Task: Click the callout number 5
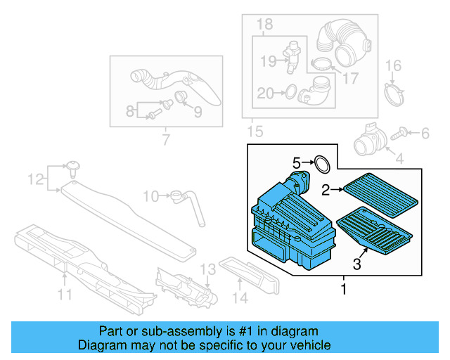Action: (297, 163)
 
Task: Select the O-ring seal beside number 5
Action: (321, 164)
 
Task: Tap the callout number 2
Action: (326, 188)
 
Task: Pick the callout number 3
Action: (356, 264)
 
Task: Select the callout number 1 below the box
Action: (343, 288)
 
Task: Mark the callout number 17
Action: (350, 78)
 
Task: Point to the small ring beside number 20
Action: (288, 91)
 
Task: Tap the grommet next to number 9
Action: (181, 97)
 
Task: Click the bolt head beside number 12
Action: (73, 167)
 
